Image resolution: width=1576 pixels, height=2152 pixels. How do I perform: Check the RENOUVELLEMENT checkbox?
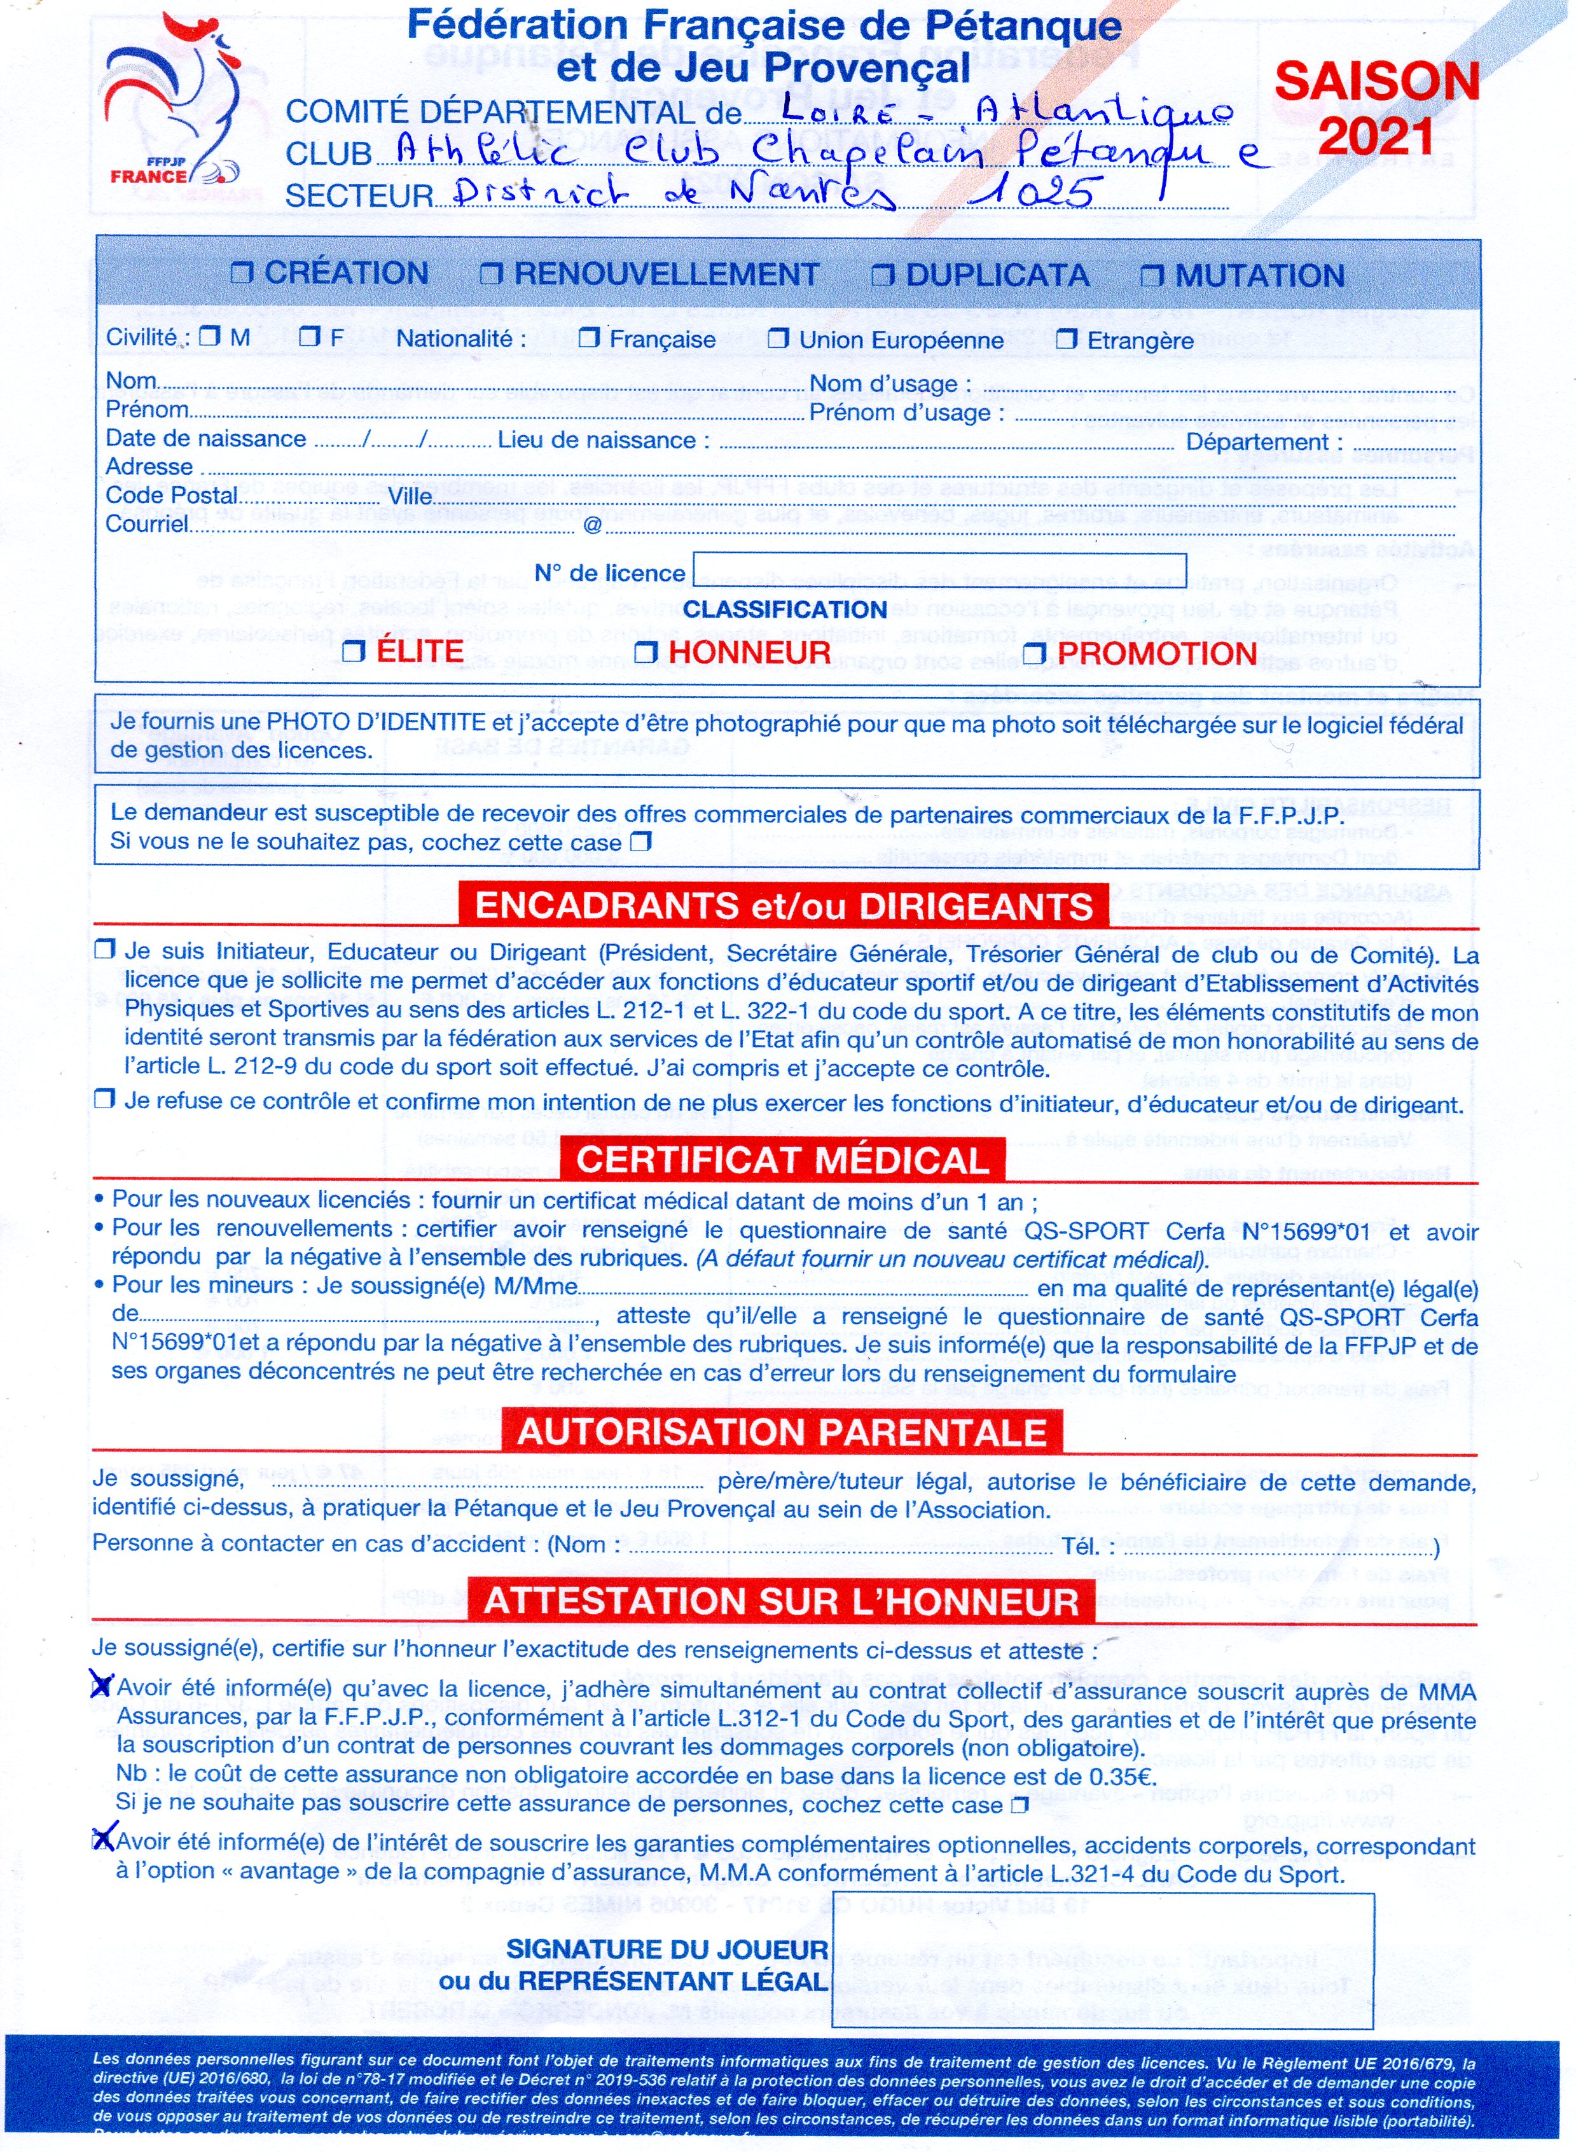491,275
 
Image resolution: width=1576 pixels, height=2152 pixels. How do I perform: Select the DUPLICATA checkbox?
883,275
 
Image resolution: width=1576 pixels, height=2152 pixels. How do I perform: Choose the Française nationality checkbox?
590,338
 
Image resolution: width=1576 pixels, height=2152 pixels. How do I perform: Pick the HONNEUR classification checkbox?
647,653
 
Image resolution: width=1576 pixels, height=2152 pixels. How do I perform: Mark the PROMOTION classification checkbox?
1036,653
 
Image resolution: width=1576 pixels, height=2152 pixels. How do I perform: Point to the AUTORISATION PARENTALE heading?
781,1433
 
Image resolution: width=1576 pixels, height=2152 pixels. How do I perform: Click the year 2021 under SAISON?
1376,138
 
